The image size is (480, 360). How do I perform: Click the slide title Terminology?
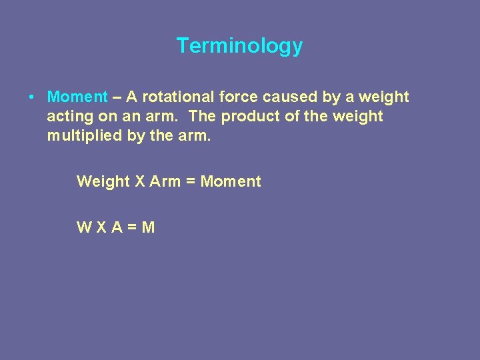coord(239,46)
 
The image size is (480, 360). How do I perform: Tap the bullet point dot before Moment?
coord(31,97)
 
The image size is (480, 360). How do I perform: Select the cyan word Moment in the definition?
coord(77,97)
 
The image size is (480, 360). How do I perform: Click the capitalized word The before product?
coord(203,117)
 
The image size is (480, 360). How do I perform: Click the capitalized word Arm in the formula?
coord(165,181)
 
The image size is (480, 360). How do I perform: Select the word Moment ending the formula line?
coord(231,181)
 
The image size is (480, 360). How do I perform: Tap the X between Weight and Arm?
coord(140,181)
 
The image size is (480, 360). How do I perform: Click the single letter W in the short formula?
coord(84,227)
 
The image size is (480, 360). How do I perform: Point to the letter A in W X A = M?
coord(117,227)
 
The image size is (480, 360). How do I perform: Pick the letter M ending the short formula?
coord(149,227)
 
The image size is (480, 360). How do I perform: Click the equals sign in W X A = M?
coord(132,228)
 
